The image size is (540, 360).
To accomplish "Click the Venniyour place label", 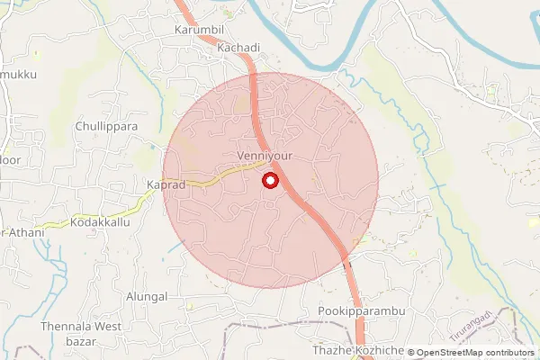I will pyautogui.click(x=265, y=156).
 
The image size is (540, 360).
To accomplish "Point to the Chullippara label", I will pyautogui.click(x=107, y=127).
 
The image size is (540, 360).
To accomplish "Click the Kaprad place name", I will pyautogui.click(x=166, y=184).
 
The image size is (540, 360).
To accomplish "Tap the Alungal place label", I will pyautogui.click(x=148, y=296).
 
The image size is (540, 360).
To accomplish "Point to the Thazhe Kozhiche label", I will pyautogui.click(x=356, y=349).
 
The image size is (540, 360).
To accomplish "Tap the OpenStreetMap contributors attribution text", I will pyautogui.click(x=476, y=353).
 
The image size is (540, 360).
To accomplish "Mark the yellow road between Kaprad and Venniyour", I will pyautogui.click(x=216, y=176).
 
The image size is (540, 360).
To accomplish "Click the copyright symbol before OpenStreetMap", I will pyautogui.click(x=412, y=353).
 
